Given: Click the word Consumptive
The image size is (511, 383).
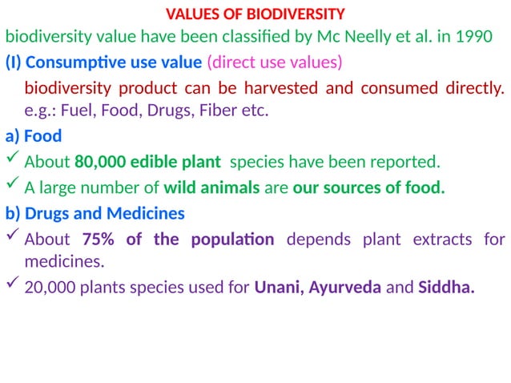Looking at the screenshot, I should (82, 62).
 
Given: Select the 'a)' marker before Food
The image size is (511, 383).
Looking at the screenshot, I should (12, 137).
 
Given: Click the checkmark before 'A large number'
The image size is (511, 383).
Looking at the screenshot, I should (12, 187).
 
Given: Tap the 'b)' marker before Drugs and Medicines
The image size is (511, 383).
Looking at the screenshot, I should (13, 213).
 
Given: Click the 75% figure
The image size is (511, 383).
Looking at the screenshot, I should (99, 239).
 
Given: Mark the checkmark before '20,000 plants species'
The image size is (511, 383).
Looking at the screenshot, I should (12, 285).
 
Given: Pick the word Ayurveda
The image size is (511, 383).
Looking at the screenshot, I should (345, 287).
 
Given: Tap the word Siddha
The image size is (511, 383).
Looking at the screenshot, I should (445, 287).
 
